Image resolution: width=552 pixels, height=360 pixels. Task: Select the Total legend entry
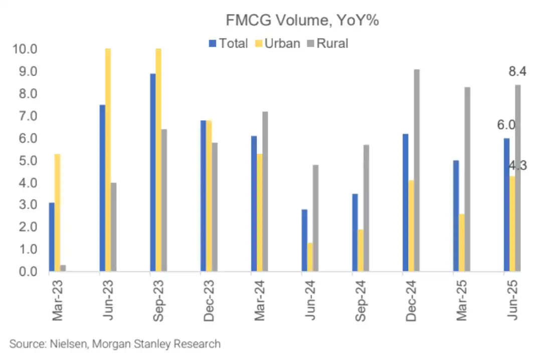click(x=228, y=43)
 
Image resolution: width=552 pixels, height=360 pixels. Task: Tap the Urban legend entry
click(x=276, y=43)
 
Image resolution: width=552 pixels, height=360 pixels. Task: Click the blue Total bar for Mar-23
click(x=52, y=237)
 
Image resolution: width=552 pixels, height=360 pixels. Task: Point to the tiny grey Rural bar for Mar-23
click(x=63, y=268)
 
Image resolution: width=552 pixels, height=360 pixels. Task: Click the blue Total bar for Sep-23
click(x=152, y=172)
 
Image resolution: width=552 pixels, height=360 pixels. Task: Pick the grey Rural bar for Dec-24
click(x=417, y=170)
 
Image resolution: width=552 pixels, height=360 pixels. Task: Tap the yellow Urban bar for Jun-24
click(x=310, y=257)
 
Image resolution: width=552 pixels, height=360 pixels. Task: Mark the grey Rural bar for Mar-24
click(x=265, y=191)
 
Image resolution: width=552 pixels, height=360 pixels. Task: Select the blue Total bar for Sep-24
click(x=355, y=232)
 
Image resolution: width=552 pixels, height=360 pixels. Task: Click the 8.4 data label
click(x=517, y=72)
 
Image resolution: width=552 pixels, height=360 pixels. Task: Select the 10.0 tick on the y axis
click(x=23, y=49)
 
